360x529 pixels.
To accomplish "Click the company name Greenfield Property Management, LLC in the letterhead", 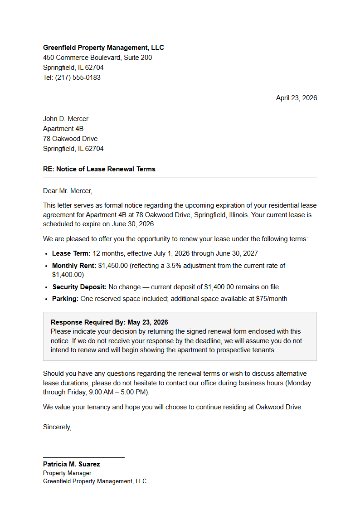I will [x=103, y=48].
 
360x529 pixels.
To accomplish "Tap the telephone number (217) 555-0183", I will [x=78, y=78].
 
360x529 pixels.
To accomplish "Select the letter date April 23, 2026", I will [x=297, y=98].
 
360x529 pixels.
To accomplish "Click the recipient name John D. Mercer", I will [x=66, y=119].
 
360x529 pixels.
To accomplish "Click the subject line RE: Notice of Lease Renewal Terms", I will [x=99, y=169].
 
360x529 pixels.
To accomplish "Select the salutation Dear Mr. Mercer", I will [x=68, y=191].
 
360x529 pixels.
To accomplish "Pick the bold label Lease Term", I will [x=71, y=253].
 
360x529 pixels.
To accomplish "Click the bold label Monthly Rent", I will [x=74, y=266].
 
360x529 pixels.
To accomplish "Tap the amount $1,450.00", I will [x=113, y=266].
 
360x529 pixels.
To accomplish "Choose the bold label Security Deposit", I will [x=79, y=287].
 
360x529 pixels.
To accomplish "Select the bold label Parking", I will [x=65, y=299].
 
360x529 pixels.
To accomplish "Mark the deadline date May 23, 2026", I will [x=148, y=322].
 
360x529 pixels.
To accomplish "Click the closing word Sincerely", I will [x=57, y=427].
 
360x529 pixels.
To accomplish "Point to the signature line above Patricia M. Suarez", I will [x=84, y=457].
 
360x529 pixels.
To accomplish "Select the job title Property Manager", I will [x=67, y=473].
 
